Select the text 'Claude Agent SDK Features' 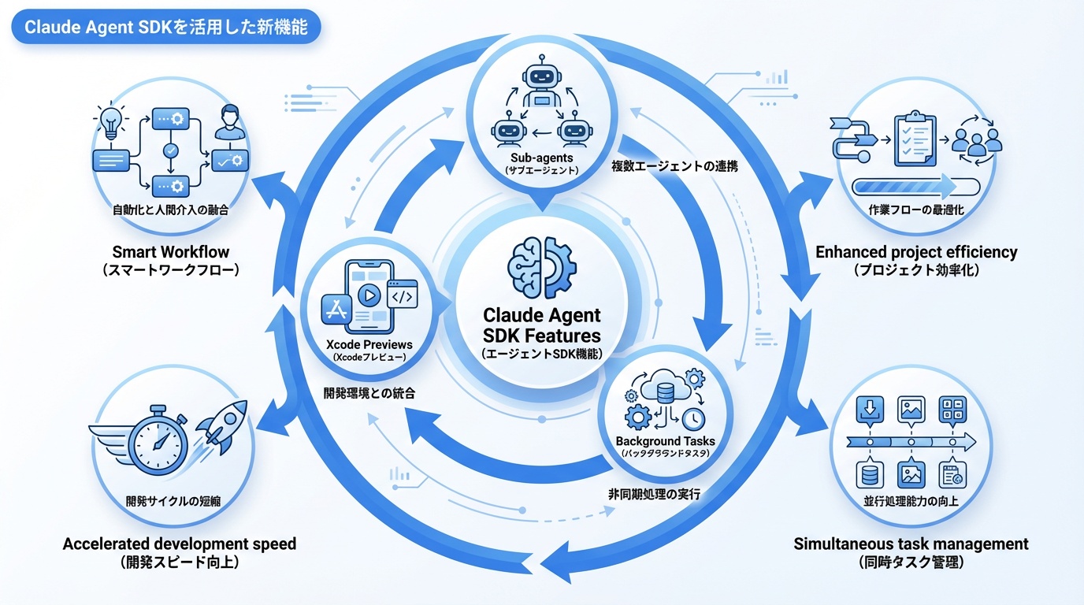tap(541, 325)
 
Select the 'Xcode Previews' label tap(369, 344)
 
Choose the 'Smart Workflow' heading tap(171, 253)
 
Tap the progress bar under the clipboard tap(915, 187)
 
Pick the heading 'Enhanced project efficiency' tap(916, 253)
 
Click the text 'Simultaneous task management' tap(911, 544)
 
